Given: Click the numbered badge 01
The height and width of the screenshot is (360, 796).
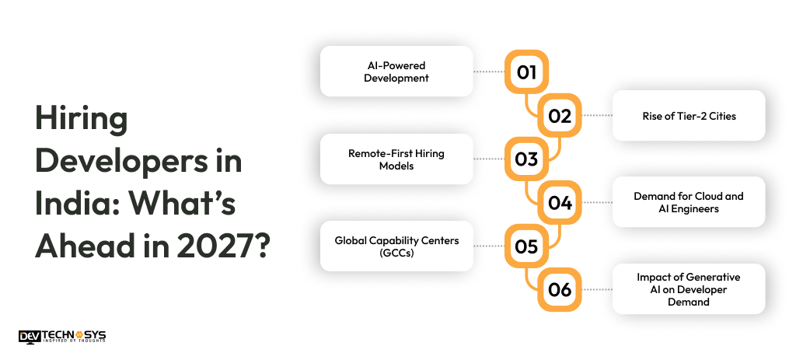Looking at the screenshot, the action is click(x=526, y=72).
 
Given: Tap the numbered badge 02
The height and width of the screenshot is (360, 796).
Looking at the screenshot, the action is click(x=560, y=116).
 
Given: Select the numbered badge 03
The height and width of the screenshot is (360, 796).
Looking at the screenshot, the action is click(x=526, y=159).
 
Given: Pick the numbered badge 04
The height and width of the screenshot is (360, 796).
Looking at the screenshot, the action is click(x=560, y=203).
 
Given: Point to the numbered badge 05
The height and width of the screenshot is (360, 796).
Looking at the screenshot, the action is click(x=526, y=246).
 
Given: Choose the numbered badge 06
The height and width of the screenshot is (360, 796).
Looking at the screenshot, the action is click(x=560, y=289).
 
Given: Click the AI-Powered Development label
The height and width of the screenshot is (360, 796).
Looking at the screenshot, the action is click(x=396, y=72).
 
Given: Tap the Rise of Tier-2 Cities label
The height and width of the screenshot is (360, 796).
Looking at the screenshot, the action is click(x=689, y=116).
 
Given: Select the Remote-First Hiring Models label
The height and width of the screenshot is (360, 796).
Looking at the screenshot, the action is click(x=396, y=159).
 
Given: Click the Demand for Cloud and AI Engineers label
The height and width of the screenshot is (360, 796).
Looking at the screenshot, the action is click(x=689, y=202).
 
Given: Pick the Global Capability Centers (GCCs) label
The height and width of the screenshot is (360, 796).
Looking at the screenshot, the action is click(x=396, y=246).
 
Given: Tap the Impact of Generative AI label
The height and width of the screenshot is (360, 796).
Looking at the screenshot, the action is click(x=689, y=289).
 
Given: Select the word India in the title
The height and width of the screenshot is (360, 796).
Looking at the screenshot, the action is click(x=75, y=205).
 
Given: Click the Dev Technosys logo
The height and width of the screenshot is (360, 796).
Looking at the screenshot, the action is click(x=62, y=336).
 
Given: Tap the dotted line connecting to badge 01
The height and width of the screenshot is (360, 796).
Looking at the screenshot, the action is click(x=488, y=72).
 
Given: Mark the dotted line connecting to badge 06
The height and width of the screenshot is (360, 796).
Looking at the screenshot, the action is click(x=597, y=289).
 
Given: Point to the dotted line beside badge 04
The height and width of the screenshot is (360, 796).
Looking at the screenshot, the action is click(x=597, y=203).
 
